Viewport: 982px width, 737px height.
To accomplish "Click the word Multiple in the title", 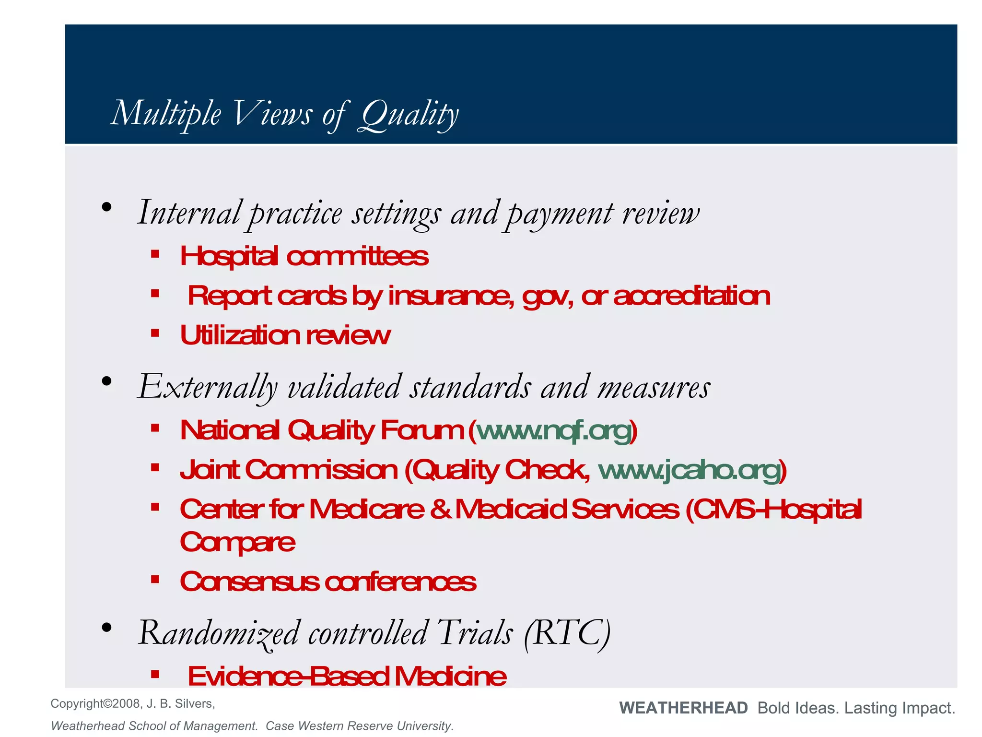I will coord(166,114).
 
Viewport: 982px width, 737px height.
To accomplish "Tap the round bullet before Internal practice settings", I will coord(106,208).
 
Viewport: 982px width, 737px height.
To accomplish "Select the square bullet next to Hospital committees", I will coord(155,254).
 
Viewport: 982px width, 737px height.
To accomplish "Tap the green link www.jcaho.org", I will coord(689,470).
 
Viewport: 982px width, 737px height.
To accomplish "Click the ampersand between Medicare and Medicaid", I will coord(439,509).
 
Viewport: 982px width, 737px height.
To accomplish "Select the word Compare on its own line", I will coord(237,543).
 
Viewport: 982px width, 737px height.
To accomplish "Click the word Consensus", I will coord(249,582).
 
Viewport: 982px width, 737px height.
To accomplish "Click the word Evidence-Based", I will coord(288,677).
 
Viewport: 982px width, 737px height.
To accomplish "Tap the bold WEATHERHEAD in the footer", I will coord(683,708).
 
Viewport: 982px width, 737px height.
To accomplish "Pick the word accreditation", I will coord(691,296).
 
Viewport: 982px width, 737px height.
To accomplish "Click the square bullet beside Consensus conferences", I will coord(155,580).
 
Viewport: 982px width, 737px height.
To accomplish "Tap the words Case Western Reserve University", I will coord(359,726).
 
